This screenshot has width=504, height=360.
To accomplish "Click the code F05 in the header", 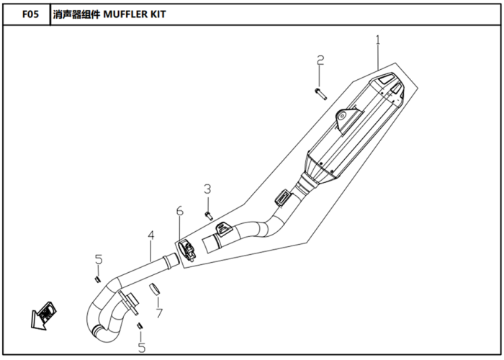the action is point(30,14).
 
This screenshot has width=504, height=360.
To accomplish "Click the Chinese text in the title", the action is point(76,14).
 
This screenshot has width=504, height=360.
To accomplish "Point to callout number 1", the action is point(378,40).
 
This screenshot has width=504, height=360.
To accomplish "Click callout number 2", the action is point(320,60).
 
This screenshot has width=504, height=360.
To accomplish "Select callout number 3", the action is point(207,189).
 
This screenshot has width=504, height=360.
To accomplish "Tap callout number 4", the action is point(151,235).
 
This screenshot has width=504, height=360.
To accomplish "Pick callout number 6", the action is point(180,211).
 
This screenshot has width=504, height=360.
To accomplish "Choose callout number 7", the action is point(159,313).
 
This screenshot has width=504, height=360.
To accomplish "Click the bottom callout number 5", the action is point(142,348).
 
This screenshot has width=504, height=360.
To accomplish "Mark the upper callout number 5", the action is point(99,259).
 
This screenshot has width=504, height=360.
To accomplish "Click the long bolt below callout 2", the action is point(321,94).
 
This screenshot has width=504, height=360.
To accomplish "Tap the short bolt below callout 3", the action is point(209,216).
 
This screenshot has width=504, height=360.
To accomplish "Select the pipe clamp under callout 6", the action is point(187,250).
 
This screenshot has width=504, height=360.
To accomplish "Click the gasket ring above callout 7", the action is point(155,289).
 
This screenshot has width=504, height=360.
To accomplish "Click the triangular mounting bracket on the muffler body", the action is point(348,120).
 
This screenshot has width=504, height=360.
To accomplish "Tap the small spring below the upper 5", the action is point(96,280).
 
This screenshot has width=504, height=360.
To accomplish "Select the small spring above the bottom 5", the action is point(140,325).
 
